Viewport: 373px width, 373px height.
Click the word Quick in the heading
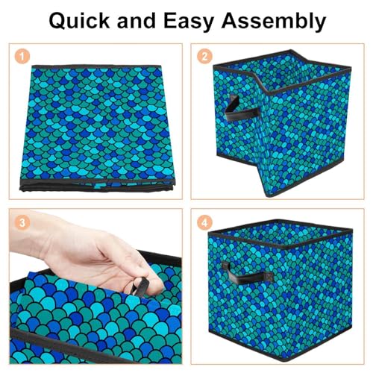[x=79, y=21]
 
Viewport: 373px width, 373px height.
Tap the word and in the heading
[x=137, y=21]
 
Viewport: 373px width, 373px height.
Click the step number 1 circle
[x=22, y=57]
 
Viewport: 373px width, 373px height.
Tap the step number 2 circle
[x=204, y=57]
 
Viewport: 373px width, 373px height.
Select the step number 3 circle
[x=22, y=222]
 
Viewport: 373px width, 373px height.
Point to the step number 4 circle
[x=204, y=222]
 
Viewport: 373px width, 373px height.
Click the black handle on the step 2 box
[x=240, y=110]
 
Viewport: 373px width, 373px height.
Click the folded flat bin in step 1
[x=97, y=128]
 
